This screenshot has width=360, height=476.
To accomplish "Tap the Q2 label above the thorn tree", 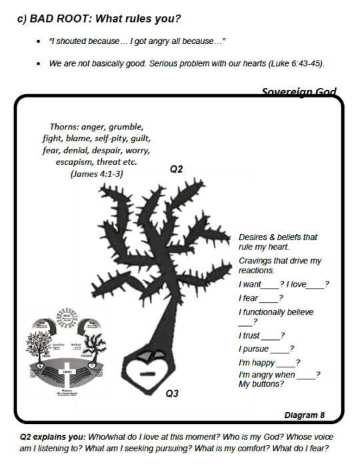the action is [176, 169].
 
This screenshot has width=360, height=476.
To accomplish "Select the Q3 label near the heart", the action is [172, 393].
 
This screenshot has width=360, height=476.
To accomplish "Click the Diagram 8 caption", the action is [304, 415].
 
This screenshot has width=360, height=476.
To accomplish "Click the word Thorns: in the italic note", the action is [65, 126].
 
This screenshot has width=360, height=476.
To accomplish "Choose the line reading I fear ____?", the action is [261, 298].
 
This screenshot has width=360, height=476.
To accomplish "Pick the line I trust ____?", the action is [262, 335].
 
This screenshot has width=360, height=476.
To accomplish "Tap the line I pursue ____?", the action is [266, 349].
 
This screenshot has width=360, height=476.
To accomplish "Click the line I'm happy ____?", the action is [269, 363].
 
